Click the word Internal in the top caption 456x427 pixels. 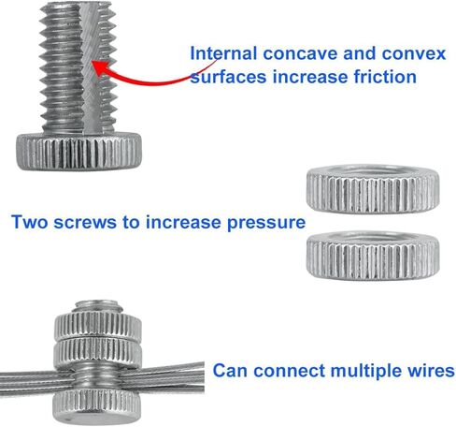click(x=223, y=53)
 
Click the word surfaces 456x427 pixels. click(x=228, y=77)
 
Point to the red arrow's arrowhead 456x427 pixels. click(x=100, y=68)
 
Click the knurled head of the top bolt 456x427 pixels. click(x=78, y=152)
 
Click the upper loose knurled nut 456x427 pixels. click(x=373, y=189)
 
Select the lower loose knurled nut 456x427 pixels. click(x=373, y=256)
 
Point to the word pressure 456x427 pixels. click(x=266, y=223)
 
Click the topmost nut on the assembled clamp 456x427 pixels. click(x=98, y=325)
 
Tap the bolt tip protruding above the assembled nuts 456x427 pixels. click(x=97, y=307)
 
